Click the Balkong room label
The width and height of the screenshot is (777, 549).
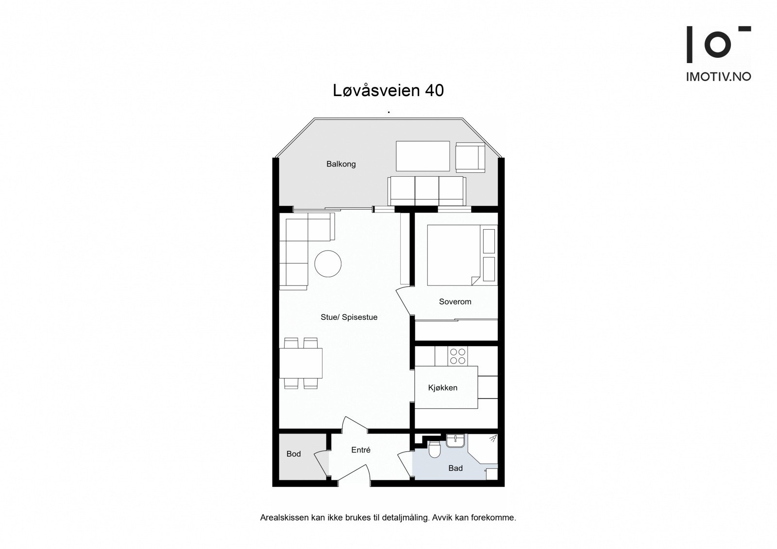[x=341, y=164]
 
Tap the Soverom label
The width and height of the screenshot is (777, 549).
[x=455, y=301]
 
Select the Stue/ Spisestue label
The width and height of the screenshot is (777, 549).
[x=349, y=317]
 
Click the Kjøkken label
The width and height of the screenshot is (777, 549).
[x=442, y=387]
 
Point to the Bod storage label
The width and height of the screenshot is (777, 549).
[x=293, y=454]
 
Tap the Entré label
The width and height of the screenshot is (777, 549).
[x=361, y=450]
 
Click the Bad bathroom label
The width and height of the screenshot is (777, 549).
[x=456, y=468]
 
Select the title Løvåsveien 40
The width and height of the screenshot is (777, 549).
[x=388, y=90]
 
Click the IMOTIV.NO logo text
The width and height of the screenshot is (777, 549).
[x=718, y=77]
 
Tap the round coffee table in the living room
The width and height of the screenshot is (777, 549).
[x=328, y=264]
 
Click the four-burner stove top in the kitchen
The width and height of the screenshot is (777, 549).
[x=457, y=356]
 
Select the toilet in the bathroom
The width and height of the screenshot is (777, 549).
[x=435, y=450]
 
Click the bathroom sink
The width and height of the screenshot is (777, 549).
[x=456, y=441]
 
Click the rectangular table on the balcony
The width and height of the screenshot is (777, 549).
[x=422, y=156]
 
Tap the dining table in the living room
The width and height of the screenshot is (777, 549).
[x=301, y=363]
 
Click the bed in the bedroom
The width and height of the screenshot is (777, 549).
[x=452, y=255]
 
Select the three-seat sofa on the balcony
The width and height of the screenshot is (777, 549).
[x=427, y=191]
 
